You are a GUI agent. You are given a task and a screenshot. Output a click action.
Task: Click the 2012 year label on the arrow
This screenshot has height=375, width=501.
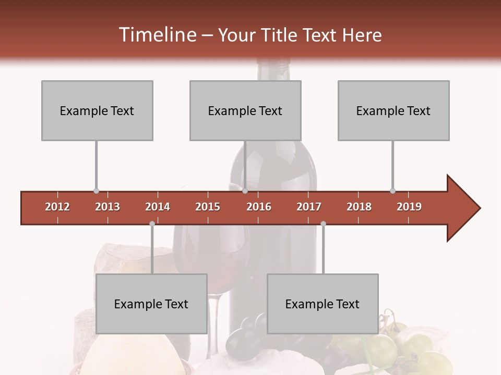[57, 207]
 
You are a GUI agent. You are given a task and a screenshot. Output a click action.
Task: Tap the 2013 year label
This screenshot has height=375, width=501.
[108, 207]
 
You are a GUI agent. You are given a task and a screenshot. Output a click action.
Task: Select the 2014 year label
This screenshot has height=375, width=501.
[158, 207]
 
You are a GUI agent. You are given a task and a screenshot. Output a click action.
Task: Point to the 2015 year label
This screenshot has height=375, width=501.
[208, 207]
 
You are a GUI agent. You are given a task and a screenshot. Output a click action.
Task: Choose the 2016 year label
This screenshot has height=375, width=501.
[259, 207]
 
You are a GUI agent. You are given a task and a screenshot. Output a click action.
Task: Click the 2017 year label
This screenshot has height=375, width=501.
[309, 207]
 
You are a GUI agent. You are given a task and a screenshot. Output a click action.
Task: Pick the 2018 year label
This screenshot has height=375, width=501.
[359, 207]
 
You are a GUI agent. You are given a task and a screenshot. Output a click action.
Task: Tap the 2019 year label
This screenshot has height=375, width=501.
[409, 207]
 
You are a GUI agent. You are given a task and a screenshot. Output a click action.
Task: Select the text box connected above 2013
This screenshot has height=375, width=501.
[97, 110]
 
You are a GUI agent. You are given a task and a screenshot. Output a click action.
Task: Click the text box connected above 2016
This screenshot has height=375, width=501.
[245, 110]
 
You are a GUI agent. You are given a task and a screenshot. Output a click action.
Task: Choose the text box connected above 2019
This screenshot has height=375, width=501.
[393, 110]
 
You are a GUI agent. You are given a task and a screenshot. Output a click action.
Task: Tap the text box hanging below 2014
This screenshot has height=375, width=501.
[151, 304]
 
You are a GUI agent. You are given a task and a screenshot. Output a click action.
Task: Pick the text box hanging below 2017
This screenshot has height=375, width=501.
[323, 304]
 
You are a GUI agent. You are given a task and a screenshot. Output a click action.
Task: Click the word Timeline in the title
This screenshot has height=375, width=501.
[157, 35]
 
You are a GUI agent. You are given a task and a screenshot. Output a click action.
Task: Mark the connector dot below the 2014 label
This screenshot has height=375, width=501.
[152, 223]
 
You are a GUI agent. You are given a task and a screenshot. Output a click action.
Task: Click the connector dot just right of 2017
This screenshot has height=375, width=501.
[323, 223]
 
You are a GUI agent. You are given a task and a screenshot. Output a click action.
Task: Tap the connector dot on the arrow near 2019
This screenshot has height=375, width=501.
[392, 191]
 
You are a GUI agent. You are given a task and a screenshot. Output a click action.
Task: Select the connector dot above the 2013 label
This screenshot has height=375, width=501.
[96, 191]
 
